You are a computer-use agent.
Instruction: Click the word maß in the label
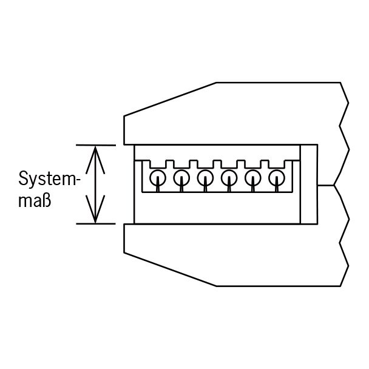coord(35,201)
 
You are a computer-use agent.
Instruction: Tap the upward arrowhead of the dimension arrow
coord(95,160)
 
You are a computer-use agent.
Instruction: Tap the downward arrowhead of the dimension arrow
coord(95,209)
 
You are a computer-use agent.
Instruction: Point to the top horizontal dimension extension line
coord(96,146)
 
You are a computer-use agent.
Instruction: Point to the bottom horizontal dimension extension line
coord(96,224)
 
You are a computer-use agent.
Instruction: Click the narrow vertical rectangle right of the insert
coord(309,184)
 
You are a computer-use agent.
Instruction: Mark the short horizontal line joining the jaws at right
coord(326,186)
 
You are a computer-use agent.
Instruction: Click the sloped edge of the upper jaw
coord(170,100)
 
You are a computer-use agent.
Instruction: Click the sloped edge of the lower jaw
coord(170,269)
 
